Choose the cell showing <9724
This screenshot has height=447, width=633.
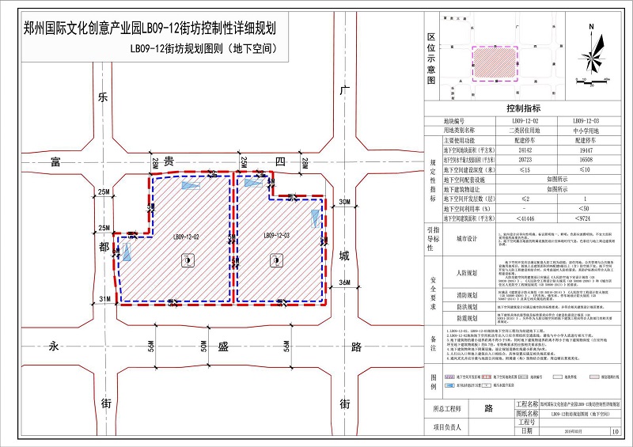coord(585,217)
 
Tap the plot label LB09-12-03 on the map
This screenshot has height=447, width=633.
coord(276,235)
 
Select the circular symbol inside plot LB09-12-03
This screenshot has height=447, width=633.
coord(275,259)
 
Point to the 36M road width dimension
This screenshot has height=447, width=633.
coord(343,282)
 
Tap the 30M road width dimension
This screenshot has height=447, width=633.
coord(343,203)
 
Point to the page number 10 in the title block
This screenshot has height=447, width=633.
coord(615,432)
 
